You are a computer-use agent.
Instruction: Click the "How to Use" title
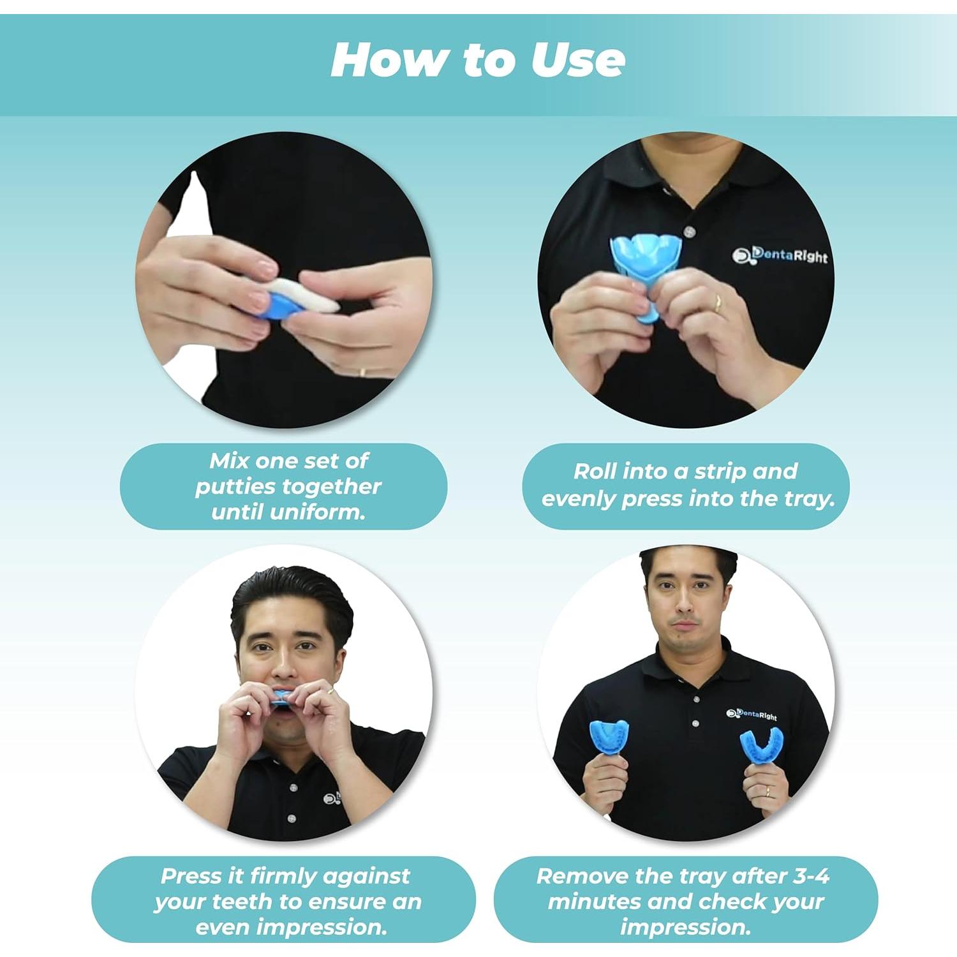[478, 61]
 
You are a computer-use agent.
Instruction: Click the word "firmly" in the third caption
[285, 876]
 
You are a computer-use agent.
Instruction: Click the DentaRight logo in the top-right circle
[780, 255]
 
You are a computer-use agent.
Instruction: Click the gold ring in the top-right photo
[718, 304]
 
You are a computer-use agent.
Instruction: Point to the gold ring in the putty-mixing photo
[362, 372]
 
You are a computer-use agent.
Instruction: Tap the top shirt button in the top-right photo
[688, 231]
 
